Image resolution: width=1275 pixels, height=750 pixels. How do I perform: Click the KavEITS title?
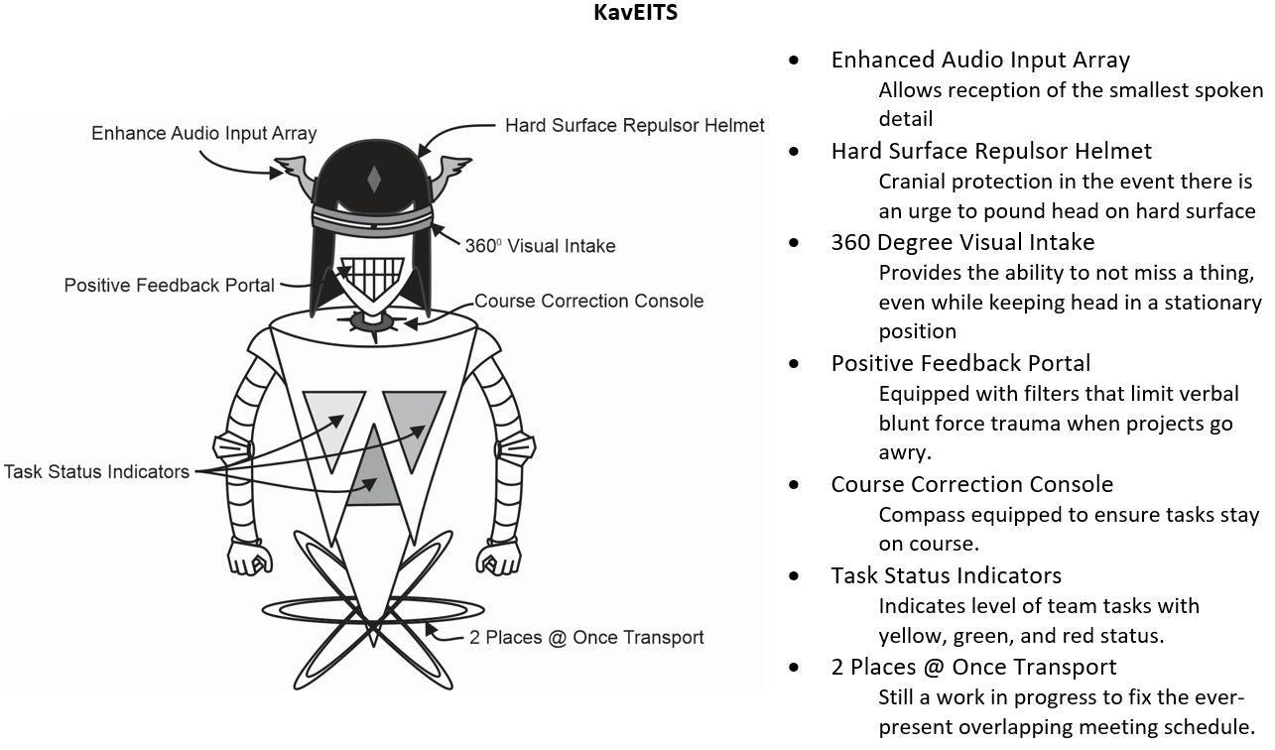635,13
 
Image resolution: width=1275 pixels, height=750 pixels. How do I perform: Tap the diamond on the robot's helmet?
374,180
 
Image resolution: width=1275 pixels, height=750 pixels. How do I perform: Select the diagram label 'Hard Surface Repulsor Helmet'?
634,126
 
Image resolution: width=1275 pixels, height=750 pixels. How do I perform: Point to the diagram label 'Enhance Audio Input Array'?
203,133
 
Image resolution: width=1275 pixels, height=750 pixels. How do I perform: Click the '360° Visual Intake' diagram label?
540,246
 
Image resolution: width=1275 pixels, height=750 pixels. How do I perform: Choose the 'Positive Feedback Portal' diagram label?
169,286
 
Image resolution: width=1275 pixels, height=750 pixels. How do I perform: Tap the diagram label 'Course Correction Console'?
588,301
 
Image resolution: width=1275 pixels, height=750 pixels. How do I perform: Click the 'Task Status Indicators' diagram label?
96,471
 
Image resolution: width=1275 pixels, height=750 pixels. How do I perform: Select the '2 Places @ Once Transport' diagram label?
585,637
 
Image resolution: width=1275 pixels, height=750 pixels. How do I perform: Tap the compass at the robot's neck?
373,321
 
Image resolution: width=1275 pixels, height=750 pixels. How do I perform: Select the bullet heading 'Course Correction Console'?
971,484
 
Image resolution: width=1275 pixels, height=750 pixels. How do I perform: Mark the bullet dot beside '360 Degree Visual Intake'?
794,243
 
